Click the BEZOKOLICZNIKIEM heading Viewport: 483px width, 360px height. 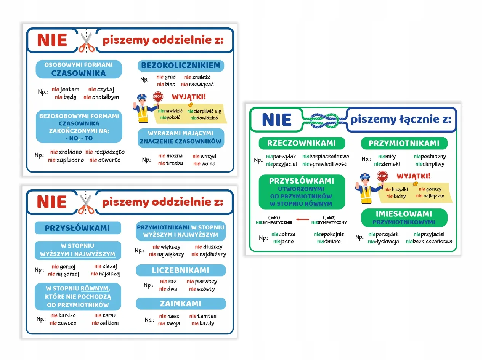click(181, 66)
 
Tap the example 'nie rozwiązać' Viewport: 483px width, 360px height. click(197, 85)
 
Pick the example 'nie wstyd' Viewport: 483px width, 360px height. click(204, 156)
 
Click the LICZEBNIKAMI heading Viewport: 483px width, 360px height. click(181, 270)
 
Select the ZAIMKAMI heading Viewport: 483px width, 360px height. click(181, 304)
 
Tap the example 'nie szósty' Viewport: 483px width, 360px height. click(202, 289)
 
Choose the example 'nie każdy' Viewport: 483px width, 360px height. click(203, 324)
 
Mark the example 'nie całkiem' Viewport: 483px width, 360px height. click(105, 323)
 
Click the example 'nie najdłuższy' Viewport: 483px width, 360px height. click(209, 254)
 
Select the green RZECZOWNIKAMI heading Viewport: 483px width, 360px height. click(302, 143)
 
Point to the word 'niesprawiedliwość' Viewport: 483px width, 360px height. click(324, 164)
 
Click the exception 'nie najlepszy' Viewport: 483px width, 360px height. click(430, 196)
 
